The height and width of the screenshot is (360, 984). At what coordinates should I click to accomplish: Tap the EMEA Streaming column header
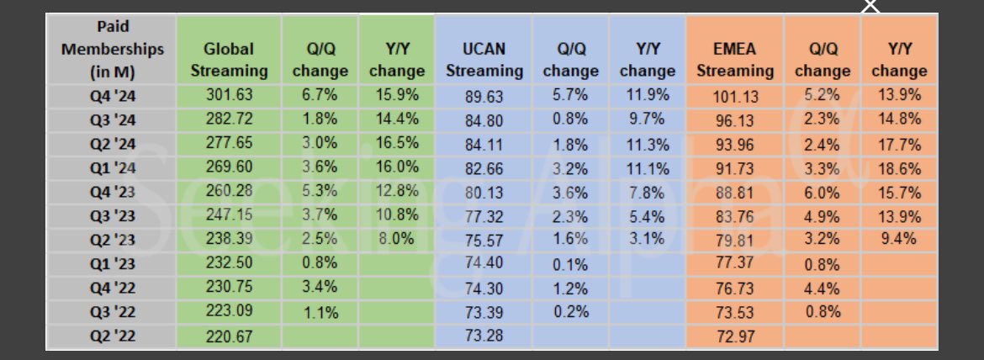(x=734, y=60)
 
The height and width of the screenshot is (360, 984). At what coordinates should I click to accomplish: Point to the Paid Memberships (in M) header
(x=112, y=49)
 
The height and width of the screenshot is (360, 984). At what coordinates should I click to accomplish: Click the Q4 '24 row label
(x=112, y=95)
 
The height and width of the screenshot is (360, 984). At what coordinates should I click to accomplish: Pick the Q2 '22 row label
(x=112, y=337)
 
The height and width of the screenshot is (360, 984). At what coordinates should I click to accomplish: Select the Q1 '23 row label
(x=112, y=264)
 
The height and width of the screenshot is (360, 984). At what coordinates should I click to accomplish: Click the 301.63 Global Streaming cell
(x=229, y=95)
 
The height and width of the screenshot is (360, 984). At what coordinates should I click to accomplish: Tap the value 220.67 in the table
(x=229, y=336)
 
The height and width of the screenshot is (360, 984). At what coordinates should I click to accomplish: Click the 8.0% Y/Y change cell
(x=396, y=240)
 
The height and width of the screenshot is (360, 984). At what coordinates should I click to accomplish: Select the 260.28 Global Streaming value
(x=229, y=192)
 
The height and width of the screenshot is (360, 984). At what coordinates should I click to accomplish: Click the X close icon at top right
(x=871, y=6)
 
